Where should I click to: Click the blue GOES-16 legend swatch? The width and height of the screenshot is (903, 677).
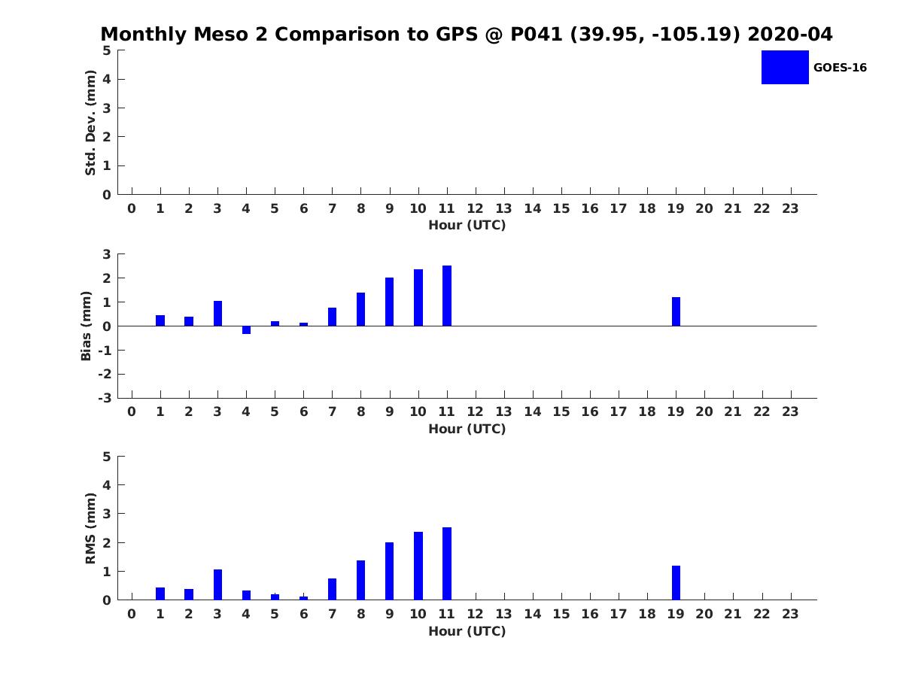tap(785, 68)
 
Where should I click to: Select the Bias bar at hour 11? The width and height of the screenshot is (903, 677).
tap(447, 296)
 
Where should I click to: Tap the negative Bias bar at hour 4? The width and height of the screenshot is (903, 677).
tap(246, 330)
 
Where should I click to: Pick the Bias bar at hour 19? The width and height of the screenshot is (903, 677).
tap(676, 311)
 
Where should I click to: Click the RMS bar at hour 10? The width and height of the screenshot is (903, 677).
tap(418, 566)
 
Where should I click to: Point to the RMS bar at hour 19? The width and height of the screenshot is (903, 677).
tap(676, 583)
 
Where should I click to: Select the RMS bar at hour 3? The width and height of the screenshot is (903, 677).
tap(217, 584)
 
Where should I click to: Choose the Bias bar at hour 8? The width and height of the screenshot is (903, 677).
tap(360, 309)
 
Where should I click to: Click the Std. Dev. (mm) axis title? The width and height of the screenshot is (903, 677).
tap(90, 123)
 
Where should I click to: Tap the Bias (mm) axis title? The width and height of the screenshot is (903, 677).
tap(86, 326)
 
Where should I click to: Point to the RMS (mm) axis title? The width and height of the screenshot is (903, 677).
tap(90, 528)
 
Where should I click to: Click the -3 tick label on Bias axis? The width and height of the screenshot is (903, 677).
tap(105, 398)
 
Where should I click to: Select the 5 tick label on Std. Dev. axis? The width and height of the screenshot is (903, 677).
tap(107, 50)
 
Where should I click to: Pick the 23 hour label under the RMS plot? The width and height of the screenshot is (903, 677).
tap(790, 614)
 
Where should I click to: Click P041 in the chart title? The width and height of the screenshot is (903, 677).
tap(537, 34)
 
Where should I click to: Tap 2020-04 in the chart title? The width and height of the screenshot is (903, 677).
tap(790, 34)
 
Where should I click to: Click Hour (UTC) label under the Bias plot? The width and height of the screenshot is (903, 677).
tap(467, 429)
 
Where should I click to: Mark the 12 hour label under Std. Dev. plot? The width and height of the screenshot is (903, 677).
tap(475, 208)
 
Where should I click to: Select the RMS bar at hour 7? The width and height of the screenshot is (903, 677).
tap(332, 589)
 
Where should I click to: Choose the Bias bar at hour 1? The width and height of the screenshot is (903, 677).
tap(160, 320)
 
